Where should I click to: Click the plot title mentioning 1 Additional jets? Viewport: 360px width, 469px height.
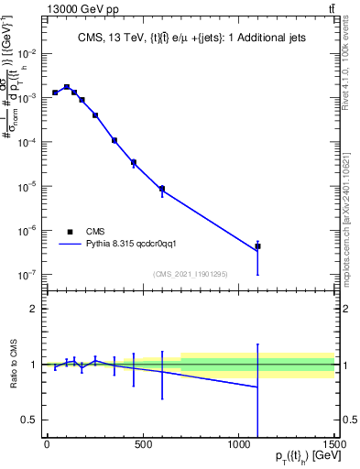[190, 37]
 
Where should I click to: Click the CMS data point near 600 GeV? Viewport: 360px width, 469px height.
[162, 189]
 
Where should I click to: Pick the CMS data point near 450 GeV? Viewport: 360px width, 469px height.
[134, 162]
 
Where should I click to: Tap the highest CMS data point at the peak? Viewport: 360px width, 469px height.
[67, 87]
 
